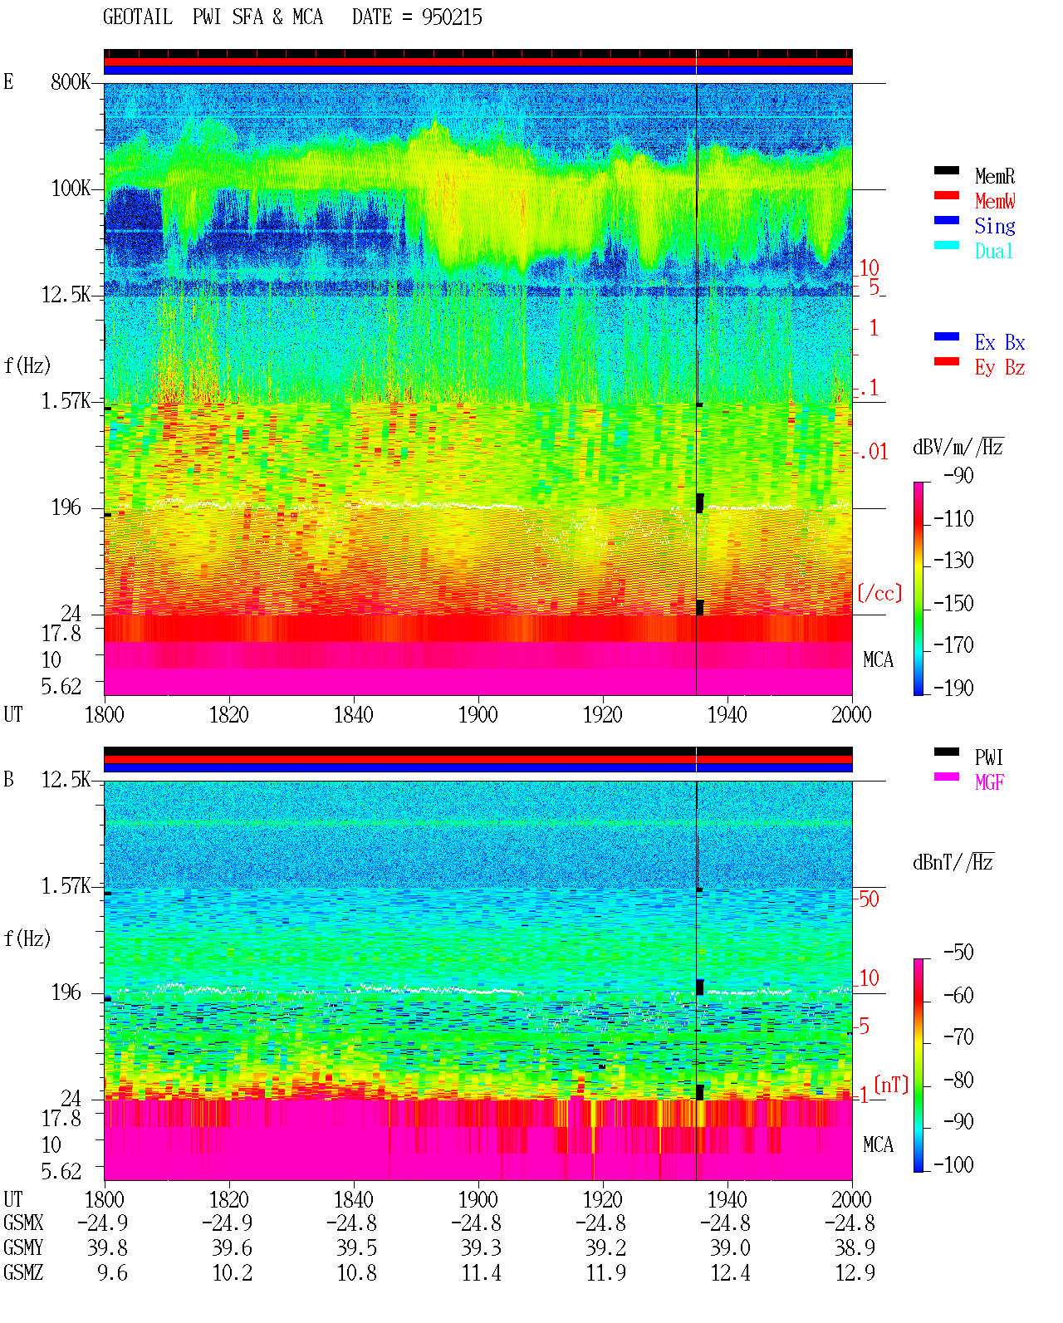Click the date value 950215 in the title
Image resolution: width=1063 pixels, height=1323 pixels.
pos(452,17)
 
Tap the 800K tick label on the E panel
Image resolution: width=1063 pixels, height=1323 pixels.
pos(71,81)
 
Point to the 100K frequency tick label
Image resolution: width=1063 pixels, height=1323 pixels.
pos(71,189)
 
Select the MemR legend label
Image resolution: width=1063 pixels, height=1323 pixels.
pos(995,176)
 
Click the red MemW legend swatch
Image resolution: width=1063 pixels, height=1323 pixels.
pos(946,195)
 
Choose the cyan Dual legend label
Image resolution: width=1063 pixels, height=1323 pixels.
pos(993,251)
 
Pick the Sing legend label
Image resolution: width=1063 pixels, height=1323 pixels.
pos(995,226)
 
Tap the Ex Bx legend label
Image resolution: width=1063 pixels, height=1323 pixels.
pos(1000,342)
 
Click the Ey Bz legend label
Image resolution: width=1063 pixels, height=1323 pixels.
pos(1000,368)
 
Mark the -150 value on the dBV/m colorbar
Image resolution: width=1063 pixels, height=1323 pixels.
pos(953,603)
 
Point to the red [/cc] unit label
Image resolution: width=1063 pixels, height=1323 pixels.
pos(879,593)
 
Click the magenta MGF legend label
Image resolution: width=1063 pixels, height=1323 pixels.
pos(989,782)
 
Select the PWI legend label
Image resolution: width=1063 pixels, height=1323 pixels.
pos(988,757)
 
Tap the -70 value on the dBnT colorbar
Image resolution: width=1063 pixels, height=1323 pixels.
pos(958,1037)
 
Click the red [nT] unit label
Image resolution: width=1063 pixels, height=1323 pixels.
pos(891,1085)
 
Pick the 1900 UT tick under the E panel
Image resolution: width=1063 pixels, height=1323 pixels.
pos(478,714)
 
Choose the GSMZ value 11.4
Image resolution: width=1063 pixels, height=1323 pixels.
pos(482,1272)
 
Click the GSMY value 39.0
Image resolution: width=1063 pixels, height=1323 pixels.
pos(730,1247)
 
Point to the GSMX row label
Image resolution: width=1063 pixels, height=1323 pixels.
pos(23,1223)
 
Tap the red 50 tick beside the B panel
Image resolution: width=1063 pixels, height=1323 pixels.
pos(869,899)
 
